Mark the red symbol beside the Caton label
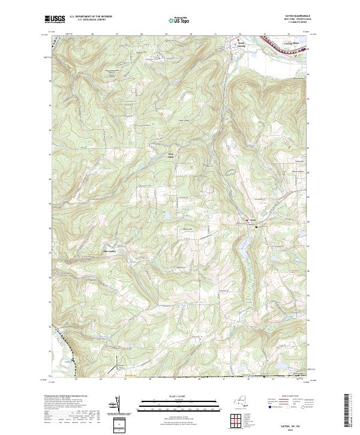point(246,221)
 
